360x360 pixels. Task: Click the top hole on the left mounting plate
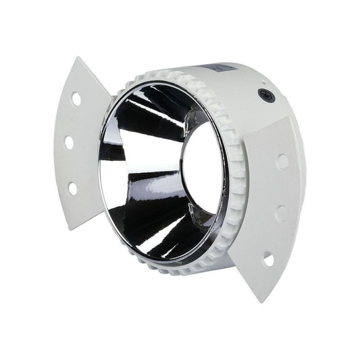[76, 99]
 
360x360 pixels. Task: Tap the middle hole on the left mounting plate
[69, 142]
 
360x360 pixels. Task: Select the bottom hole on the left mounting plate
[72, 188]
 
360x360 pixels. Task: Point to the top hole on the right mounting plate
[282, 161]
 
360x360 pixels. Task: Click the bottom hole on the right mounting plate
[268, 259]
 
